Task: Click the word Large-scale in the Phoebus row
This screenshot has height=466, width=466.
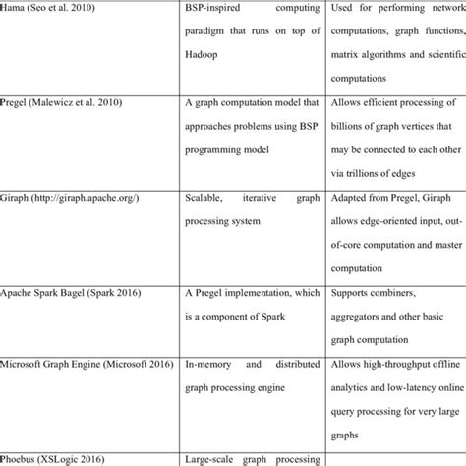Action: tap(212, 459)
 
